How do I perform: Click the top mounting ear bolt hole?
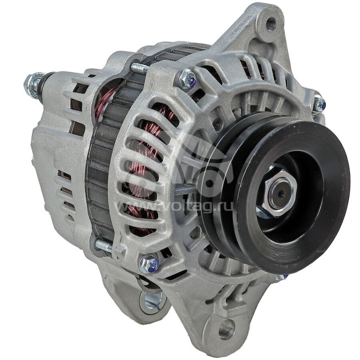pos(270,23)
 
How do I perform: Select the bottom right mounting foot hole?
pos(226,329)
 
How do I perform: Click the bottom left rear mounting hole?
pos(152,300)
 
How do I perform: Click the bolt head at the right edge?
pos(319,103)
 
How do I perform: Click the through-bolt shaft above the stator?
pos(139,67)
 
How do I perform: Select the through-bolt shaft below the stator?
pos(103,245)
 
